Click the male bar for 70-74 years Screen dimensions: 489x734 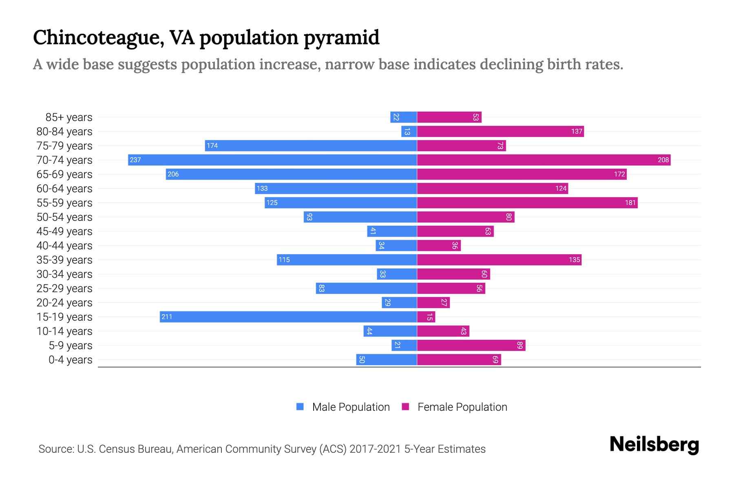click(x=272, y=160)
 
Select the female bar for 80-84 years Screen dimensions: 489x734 click(x=500, y=131)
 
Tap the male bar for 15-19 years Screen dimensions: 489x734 click(x=288, y=317)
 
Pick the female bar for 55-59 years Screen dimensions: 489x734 click(x=527, y=203)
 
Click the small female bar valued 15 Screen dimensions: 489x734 click(x=426, y=317)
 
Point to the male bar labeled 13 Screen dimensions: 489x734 click(x=409, y=131)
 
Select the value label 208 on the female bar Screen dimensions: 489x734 click(x=663, y=160)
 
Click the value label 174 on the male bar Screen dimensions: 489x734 click(x=212, y=145)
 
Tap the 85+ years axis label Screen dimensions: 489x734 click(x=69, y=117)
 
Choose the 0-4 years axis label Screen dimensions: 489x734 click(x=70, y=360)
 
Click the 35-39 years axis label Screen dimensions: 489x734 click(x=64, y=260)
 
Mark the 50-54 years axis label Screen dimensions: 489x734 click(x=64, y=217)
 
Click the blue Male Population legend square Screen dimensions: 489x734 click(x=300, y=407)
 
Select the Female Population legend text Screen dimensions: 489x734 click(x=462, y=407)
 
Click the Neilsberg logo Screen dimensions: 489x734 click(x=654, y=445)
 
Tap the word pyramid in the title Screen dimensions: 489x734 click(x=341, y=38)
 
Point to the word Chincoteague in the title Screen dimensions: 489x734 click(x=98, y=38)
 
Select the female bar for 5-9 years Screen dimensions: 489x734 click(x=471, y=345)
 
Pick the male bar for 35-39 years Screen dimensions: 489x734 click(x=347, y=260)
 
